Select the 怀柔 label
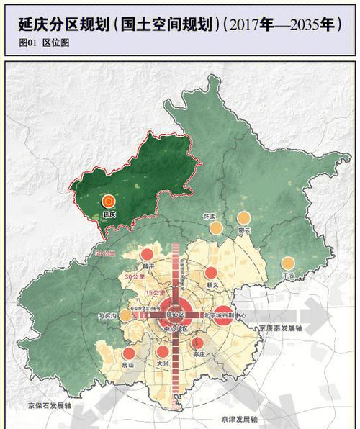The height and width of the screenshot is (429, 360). tap(210, 216)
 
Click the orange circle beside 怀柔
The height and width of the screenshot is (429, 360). tap(215, 228)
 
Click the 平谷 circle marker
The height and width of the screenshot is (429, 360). tap(288, 263)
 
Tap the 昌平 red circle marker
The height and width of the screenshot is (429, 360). tap(147, 254)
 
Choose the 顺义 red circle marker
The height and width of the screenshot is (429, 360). tap(211, 273)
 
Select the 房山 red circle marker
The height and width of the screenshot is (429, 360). tap(129, 353)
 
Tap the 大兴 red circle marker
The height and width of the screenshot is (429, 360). tap(163, 352)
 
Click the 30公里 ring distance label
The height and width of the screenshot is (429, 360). tap(132, 276)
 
